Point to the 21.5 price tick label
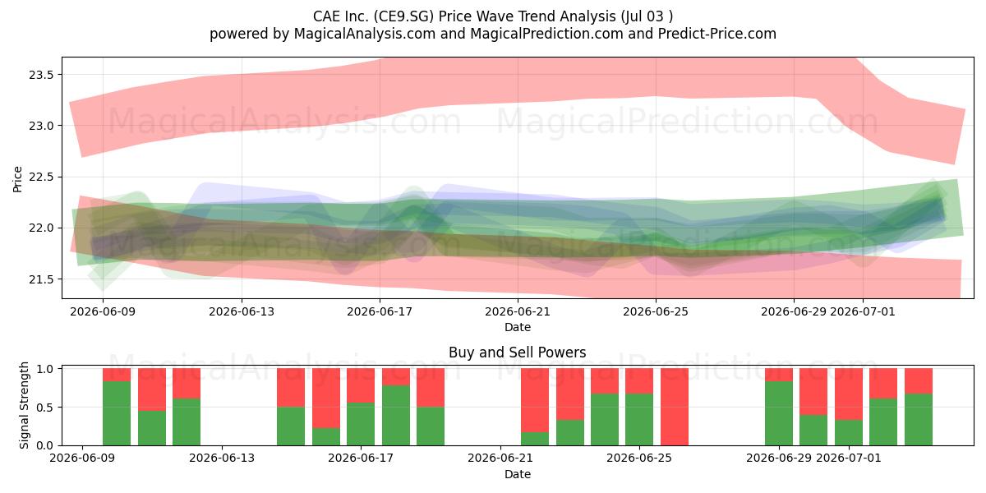pos(41,279)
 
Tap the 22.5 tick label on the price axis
pos(41,177)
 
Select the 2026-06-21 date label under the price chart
pos(518,311)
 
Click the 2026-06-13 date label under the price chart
pos(242,311)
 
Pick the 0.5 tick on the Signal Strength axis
pos(45,408)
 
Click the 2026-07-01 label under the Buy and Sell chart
pos(849,458)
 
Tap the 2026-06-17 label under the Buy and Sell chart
pos(361,458)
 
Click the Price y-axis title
pos(17,179)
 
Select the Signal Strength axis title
pos(24,405)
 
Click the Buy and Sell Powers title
pos(517,352)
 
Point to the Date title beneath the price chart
pos(518,328)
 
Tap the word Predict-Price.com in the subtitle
pos(717,34)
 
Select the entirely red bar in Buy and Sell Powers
pos(675,407)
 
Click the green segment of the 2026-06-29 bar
pos(779,413)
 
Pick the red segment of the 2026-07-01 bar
pos(849,394)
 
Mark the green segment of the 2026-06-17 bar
pos(361,424)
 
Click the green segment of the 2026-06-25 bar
pos(639,420)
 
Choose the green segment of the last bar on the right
pos(919,420)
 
